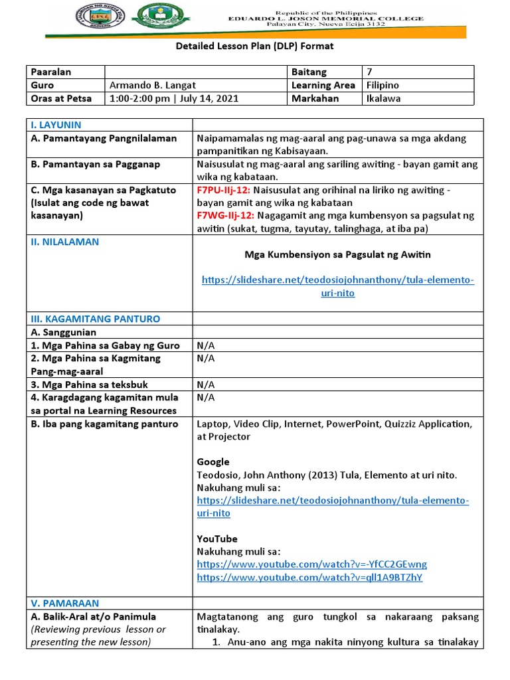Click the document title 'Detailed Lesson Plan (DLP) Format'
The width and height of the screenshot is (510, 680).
point(254,46)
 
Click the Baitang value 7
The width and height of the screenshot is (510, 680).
point(369,72)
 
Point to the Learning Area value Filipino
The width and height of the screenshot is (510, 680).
point(382,85)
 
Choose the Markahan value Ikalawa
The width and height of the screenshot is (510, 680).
point(384,98)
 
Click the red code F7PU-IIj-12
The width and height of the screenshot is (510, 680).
point(222,190)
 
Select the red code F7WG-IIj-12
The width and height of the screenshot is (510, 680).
point(226,216)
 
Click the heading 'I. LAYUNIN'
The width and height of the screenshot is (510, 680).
point(56,125)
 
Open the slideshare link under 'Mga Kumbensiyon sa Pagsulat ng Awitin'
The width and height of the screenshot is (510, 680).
point(338,286)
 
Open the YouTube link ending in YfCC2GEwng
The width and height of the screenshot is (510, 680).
point(311,564)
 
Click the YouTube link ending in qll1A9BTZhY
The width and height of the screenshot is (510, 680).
point(309,577)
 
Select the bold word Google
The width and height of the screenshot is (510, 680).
point(213,462)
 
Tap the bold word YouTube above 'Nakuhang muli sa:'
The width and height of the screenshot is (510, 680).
point(217,539)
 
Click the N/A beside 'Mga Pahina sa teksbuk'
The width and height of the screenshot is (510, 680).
point(206,384)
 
